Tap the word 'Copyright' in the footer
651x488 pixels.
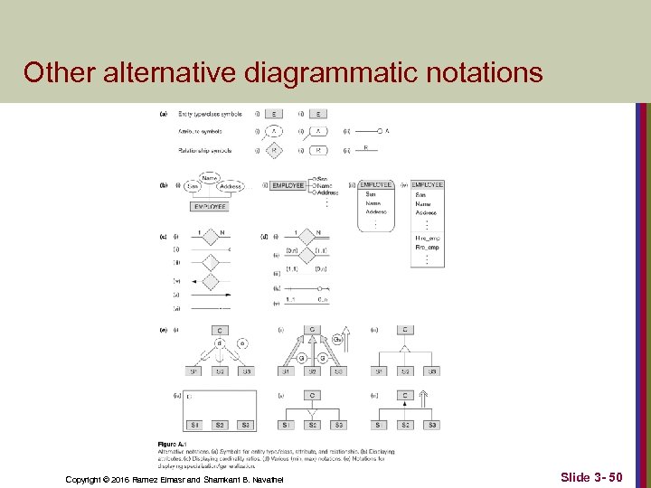[88, 478]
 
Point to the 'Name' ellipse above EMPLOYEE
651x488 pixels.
[210, 178]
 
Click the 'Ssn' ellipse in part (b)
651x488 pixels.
[192, 186]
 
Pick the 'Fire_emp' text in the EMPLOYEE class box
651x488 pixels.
[425, 247]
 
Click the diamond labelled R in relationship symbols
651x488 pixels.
[274, 150]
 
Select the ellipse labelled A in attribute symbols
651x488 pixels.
[274, 131]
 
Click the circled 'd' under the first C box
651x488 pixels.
[219, 343]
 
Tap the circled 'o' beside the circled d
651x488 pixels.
[241, 343]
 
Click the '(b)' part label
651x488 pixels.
[163, 185]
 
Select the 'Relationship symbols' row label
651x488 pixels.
[205, 150]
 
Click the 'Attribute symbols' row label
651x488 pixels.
[199, 132]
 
